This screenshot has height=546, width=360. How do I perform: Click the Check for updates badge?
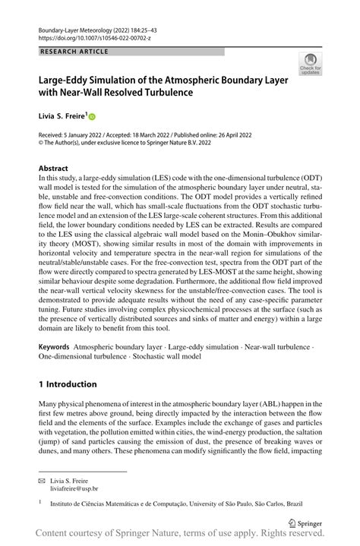[x=309, y=64]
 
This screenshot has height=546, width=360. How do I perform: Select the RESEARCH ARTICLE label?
[x=74, y=52]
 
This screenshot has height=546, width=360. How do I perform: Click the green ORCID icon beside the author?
[x=93, y=117]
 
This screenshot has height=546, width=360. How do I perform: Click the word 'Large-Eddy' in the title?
[x=70, y=79]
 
